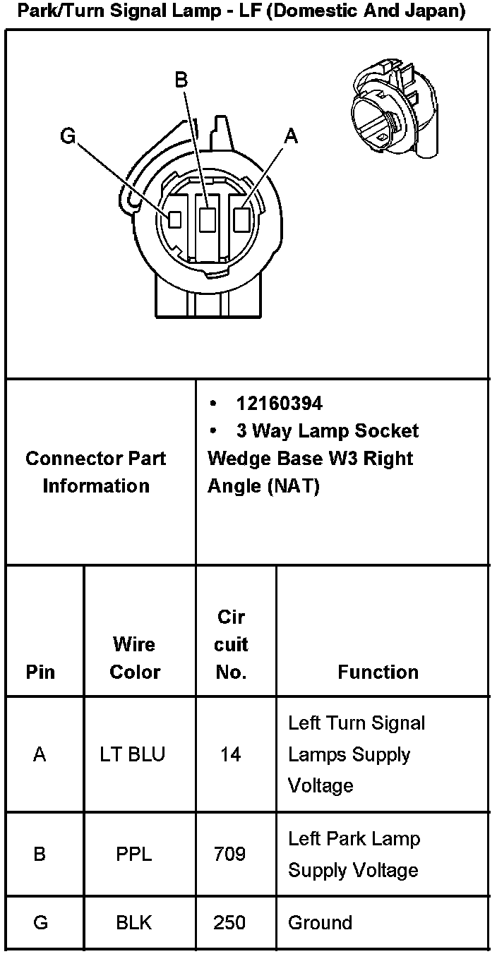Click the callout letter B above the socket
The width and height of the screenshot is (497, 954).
pos(181,80)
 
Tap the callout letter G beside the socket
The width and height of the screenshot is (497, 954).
pos(68,135)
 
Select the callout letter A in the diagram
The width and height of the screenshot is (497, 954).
pos(290,136)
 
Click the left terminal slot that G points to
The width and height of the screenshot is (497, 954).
pos(174,219)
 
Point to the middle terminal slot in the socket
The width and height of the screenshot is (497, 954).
pos(207,220)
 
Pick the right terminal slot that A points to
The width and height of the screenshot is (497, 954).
pos(241,219)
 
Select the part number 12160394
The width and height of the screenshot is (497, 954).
pos(280,404)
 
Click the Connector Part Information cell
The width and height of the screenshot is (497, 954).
pos(96,471)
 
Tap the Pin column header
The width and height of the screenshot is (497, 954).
pos(40,672)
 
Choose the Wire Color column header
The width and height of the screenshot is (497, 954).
pos(135,658)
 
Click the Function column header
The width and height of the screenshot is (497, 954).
pos(378,672)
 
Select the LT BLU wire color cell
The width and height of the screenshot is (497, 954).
pos(133,754)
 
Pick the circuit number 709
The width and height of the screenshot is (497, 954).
pos(230,855)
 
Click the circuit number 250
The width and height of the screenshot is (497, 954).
pos(230,923)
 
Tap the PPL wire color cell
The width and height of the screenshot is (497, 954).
pos(133,855)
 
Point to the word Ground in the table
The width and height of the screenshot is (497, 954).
pos(320,923)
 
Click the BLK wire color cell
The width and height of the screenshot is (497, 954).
pos(133,923)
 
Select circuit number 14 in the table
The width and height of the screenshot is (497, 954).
pos(230,754)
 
